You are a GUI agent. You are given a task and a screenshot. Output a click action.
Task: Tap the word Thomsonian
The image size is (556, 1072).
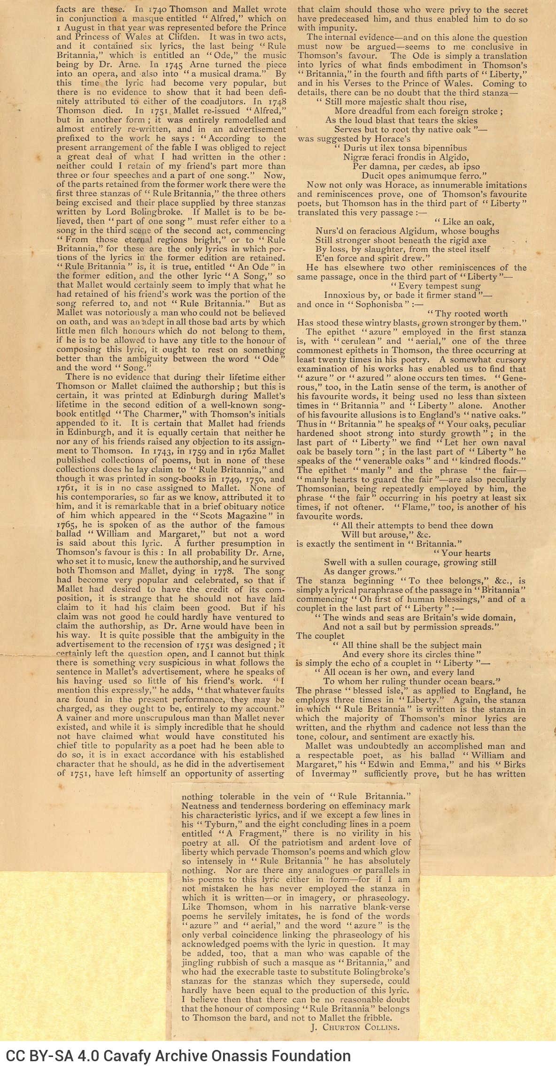[321, 488]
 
